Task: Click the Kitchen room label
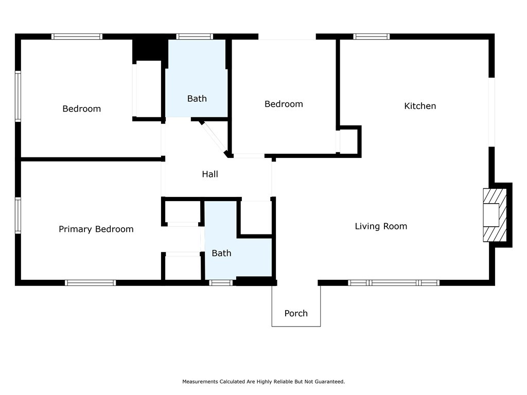coord(420,106)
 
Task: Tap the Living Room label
coord(381,226)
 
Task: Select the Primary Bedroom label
coord(96,229)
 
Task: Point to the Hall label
coord(210,174)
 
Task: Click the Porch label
coord(296,313)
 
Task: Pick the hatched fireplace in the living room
coord(495,215)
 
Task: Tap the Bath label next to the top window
coord(197,98)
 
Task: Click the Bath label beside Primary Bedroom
coord(221,253)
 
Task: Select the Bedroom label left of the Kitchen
coord(284,104)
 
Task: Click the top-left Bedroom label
coord(82,109)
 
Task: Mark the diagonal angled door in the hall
coord(214,138)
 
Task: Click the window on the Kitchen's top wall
coord(372,37)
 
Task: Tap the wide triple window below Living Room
coord(394,283)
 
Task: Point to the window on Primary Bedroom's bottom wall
coord(91,283)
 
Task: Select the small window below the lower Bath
coord(221,283)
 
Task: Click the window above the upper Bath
coord(195,37)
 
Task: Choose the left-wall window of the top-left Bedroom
coord(18,96)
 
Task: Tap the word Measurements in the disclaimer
coord(200,382)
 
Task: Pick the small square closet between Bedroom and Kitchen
coord(349,141)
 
